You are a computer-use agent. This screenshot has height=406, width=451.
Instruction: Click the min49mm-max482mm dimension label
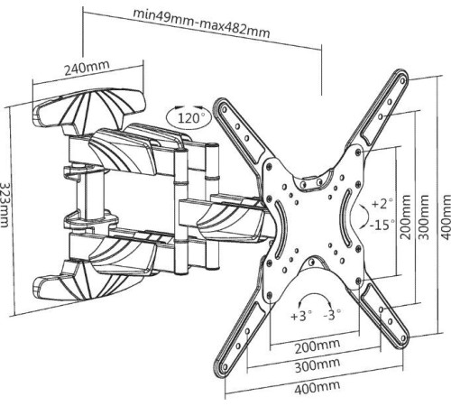pyautogui.click(x=201, y=23)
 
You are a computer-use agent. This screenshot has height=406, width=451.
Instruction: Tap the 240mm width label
pyautogui.click(x=87, y=68)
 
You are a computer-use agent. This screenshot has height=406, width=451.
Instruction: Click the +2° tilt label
pyautogui.click(x=382, y=204)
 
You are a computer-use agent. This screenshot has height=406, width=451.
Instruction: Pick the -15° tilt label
pyautogui.click(x=382, y=225)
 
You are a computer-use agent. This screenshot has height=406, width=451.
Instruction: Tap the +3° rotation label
pyautogui.click(x=301, y=316)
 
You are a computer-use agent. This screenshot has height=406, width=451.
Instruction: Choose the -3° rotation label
pyautogui.click(x=332, y=315)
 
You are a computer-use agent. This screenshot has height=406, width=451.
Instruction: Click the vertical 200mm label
pyautogui.click(x=405, y=217)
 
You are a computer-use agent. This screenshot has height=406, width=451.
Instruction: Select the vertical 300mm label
pyautogui.click(x=423, y=217)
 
